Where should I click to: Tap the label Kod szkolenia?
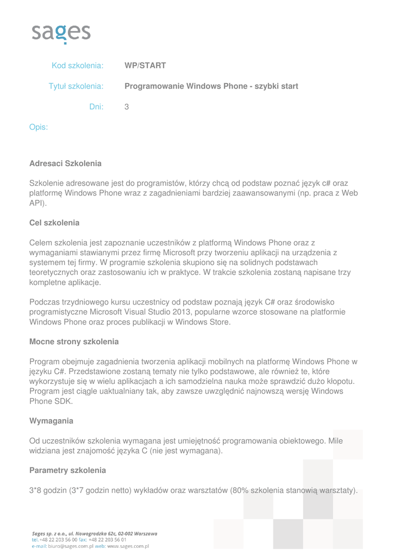(x=78, y=66)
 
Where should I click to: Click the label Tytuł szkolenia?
(x=77, y=86)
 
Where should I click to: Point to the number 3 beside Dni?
(x=127, y=107)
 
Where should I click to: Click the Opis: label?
(x=39, y=128)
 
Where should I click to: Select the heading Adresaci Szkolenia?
(x=65, y=163)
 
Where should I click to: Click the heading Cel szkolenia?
(x=54, y=223)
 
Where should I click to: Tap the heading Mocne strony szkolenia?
(x=73, y=342)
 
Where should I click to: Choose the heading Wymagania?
(x=51, y=421)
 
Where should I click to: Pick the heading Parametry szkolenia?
(x=67, y=470)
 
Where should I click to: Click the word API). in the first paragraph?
(x=38, y=203)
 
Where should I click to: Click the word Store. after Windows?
(x=219, y=323)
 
